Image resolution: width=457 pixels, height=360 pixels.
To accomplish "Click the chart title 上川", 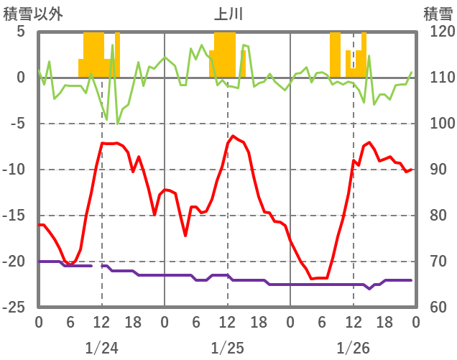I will (x=228, y=13).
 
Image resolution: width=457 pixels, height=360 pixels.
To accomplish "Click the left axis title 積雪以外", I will (x=28, y=13).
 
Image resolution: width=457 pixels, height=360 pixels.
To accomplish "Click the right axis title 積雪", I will (x=437, y=13).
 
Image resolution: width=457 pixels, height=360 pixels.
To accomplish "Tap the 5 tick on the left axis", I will (x=21, y=32).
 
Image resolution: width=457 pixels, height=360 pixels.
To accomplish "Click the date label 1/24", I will (x=101, y=349).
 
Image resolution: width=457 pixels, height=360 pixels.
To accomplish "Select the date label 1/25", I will (x=227, y=349).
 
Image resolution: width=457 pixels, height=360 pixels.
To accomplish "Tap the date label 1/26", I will (x=353, y=349).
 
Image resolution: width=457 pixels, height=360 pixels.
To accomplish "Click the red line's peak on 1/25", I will (x=233, y=136).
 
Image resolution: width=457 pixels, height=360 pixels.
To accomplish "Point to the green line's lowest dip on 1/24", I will (x=118, y=124).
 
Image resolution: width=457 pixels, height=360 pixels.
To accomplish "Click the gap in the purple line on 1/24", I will (x=97, y=266).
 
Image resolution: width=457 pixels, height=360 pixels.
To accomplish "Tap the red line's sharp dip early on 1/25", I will (x=185, y=236).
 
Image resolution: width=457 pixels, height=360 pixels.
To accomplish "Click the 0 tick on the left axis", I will (x=21, y=78).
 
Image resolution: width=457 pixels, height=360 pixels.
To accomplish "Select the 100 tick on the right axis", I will (x=436, y=124).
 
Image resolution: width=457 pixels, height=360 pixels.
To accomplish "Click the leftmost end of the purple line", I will (x=39, y=262).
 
